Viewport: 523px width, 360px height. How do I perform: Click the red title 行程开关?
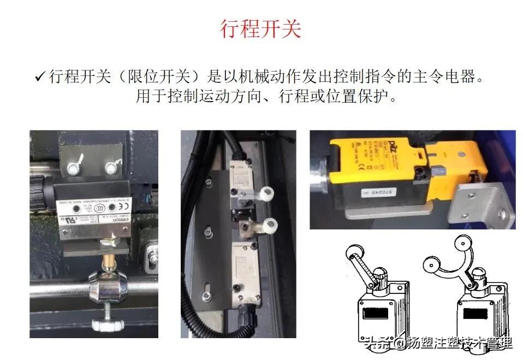pyautogui.click(x=260, y=28)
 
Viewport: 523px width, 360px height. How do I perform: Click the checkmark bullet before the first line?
pyautogui.click(x=39, y=76)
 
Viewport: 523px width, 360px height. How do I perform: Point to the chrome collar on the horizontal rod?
pyautogui.click(x=103, y=282)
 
